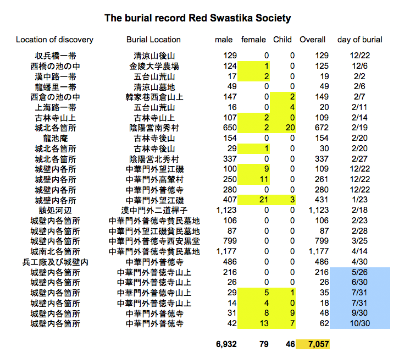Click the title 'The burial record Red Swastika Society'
[x=197, y=18]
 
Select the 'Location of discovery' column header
[x=54, y=40]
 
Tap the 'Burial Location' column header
[x=153, y=40]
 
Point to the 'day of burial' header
[x=360, y=40]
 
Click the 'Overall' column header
[x=312, y=40]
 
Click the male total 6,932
[x=226, y=344]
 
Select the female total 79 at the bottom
[x=263, y=344]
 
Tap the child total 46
[x=290, y=344]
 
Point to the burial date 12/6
[x=360, y=66]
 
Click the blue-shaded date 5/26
[x=360, y=272]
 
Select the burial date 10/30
[x=360, y=324]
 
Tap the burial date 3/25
[x=360, y=241]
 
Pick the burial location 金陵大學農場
[x=153, y=66]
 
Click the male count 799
[x=230, y=241]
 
